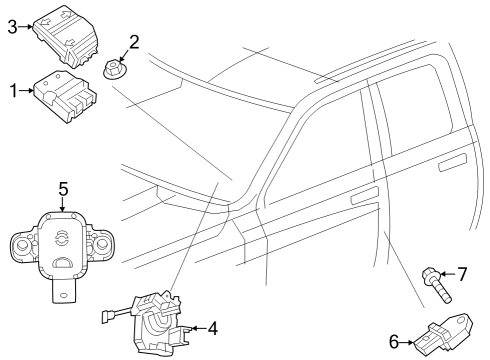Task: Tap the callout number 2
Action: tap(133, 42)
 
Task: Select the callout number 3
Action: tap(13, 28)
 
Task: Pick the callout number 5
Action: tap(62, 187)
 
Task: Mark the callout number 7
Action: tap(462, 273)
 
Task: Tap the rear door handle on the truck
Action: tap(454, 162)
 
